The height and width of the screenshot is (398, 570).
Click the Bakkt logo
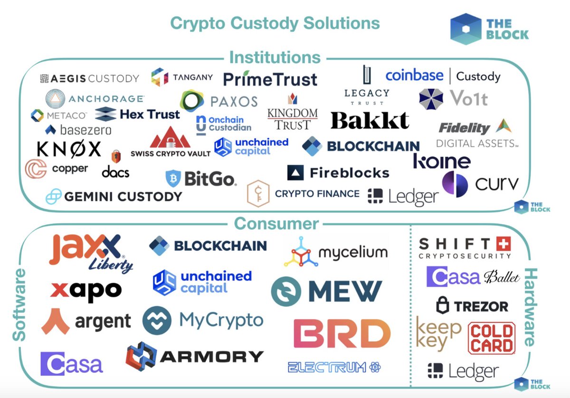tap(370, 120)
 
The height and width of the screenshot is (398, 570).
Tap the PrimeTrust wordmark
tap(269, 79)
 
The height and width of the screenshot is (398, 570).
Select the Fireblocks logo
tap(338, 173)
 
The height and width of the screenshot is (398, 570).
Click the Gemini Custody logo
tap(114, 196)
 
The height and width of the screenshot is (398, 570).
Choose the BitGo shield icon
tap(173, 179)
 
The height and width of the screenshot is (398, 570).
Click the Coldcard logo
tap(492, 338)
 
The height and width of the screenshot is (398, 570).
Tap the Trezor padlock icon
tap(443, 305)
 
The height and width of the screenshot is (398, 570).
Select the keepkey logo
tap(438, 334)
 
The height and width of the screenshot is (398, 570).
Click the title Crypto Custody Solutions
tap(275, 23)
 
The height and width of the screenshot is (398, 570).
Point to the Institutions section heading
tap(275, 57)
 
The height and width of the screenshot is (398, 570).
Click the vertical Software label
tap(19, 304)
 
